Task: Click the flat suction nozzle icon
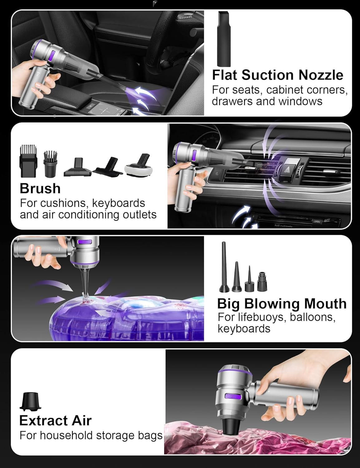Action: [x=224, y=39]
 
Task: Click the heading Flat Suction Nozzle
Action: [x=277, y=75]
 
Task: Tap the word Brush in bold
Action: [x=40, y=188]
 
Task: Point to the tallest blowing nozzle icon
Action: [x=223, y=267]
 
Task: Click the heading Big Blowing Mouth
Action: [x=282, y=304]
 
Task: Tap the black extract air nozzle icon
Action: [x=30, y=401]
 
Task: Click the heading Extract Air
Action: [x=55, y=421]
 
